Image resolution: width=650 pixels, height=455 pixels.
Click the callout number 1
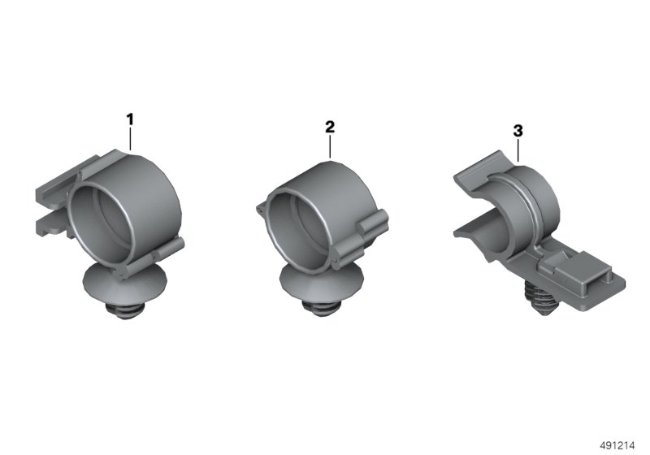[130, 119]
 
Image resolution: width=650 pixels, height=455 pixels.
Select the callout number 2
[330, 127]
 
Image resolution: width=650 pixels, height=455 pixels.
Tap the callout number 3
[518, 131]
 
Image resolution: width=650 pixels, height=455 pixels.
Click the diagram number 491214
[617, 445]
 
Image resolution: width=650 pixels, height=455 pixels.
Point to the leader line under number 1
[130, 139]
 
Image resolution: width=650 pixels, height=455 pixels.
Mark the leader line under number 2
[330, 147]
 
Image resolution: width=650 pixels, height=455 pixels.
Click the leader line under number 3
[518, 150]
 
